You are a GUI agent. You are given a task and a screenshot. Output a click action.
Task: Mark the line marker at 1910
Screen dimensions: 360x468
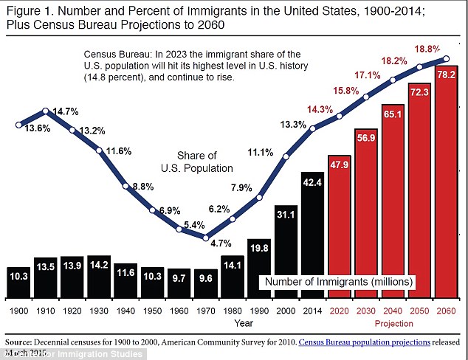tap(46, 111)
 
